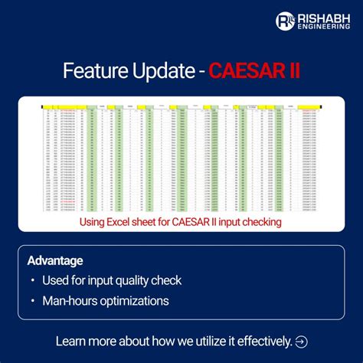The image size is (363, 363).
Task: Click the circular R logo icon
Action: [x=285, y=21]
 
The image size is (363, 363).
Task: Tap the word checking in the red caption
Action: [x=260, y=221]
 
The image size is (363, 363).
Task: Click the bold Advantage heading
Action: [x=55, y=260]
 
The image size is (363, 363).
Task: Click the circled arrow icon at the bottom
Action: [x=301, y=341]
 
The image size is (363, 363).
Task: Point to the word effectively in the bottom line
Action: [x=262, y=341]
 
